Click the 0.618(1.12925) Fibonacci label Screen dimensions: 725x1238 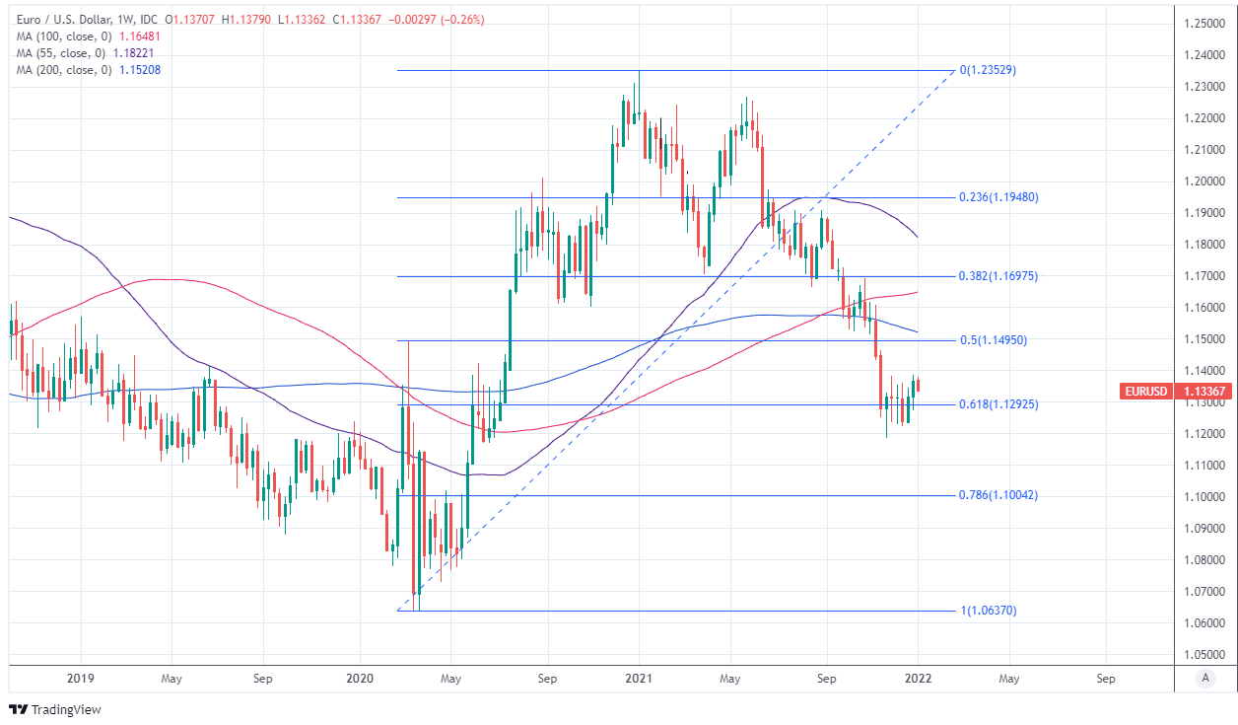pyautogui.click(x=997, y=404)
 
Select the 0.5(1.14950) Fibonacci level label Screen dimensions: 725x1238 pyautogui.click(x=994, y=340)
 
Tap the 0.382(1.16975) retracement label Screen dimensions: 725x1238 pyautogui.click(x=997, y=276)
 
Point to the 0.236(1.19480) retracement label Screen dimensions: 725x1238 pyautogui.click(x=997, y=197)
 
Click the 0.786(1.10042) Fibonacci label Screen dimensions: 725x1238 pyautogui.click(x=997, y=495)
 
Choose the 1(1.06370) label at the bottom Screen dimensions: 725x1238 pyautogui.click(x=988, y=611)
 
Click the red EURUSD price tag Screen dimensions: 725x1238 pyautogui.click(x=1145, y=392)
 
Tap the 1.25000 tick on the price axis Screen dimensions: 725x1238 pyautogui.click(x=1204, y=24)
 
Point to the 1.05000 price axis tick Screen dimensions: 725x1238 pyautogui.click(x=1204, y=655)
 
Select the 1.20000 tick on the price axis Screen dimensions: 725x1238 pyautogui.click(x=1204, y=181)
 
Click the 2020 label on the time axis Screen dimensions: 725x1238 pyautogui.click(x=359, y=679)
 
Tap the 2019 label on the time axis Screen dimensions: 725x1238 pyautogui.click(x=81, y=679)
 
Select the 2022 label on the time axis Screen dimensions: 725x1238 pyautogui.click(x=917, y=679)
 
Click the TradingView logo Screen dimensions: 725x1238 pyautogui.click(x=55, y=709)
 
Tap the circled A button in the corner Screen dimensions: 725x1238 pyautogui.click(x=1204, y=679)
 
